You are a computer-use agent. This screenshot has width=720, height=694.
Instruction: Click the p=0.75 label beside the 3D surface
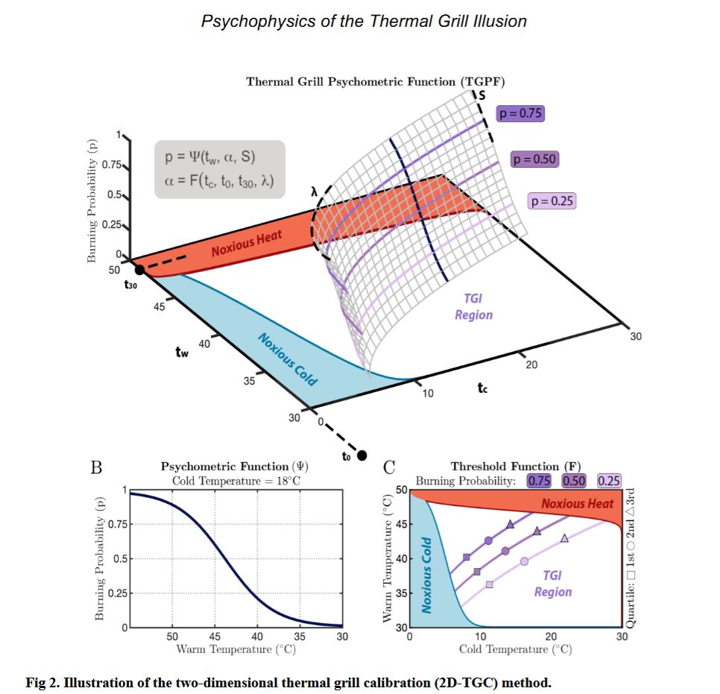520,113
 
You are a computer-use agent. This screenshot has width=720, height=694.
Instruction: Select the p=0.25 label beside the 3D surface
552,201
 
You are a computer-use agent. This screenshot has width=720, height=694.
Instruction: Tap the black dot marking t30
139,269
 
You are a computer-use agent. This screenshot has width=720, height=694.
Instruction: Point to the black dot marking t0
362,455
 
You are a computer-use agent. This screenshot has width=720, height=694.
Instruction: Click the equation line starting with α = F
219,180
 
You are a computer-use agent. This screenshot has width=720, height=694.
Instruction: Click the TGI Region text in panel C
552,584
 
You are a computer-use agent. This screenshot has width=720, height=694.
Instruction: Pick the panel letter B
95,469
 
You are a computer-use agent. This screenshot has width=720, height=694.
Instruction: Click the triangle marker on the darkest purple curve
510,525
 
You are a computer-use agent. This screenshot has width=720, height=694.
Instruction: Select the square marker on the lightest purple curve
489,584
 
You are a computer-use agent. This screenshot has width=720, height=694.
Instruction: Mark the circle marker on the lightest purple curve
524,561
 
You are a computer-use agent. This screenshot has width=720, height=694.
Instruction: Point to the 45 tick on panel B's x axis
214,637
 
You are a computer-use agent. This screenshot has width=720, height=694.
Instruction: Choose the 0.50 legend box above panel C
573,481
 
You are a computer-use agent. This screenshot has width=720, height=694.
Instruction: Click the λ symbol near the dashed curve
315,193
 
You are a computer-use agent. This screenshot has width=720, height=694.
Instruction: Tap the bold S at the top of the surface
481,95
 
